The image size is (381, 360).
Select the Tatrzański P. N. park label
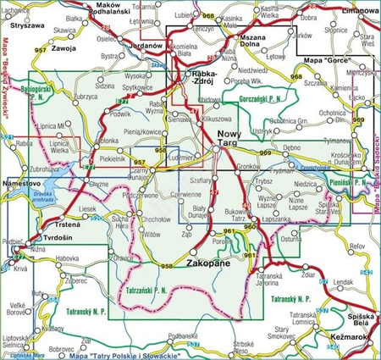pos(152,291)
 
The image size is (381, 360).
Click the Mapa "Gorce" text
pos(325,61)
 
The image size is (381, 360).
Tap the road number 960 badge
pos(249,228)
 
